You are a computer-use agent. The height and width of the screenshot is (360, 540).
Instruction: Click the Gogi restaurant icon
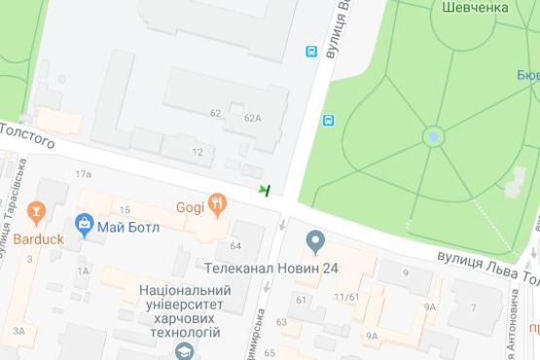pos(217,204)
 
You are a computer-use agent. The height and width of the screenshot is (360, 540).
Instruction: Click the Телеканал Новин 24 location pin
pos(314,240)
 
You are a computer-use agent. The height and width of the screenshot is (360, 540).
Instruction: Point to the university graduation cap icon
pos(183,348)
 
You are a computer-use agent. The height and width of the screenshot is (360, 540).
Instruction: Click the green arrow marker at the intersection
pos(264,189)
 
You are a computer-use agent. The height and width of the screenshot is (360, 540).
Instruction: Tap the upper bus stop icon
pos(311,52)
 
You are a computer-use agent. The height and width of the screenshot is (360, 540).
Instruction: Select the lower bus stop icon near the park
pos(328,121)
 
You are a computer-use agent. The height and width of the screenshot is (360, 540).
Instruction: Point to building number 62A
pos(253,118)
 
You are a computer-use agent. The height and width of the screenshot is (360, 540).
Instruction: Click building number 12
pos(198,152)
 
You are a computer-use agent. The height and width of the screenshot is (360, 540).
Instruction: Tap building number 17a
pos(83,174)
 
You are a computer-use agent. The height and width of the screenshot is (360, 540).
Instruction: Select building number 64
pos(235,245)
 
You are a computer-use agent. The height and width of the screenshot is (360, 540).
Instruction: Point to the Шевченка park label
pos(477,7)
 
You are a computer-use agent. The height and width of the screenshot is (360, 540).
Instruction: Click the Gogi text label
pos(190,206)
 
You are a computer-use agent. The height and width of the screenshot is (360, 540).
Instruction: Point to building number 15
pos(125,210)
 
